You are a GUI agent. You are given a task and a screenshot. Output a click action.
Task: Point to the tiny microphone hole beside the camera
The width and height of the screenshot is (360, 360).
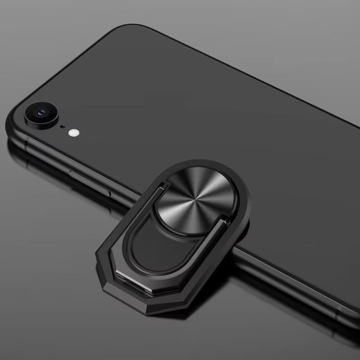click(x=62, y=126)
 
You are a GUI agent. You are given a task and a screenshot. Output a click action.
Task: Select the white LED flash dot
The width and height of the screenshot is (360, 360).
click(x=73, y=133)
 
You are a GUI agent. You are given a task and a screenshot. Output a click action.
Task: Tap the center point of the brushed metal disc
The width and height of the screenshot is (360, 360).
click(x=194, y=199)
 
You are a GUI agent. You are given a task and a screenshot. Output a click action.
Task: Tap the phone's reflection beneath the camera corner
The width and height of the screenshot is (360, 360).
click(x=27, y=157)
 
